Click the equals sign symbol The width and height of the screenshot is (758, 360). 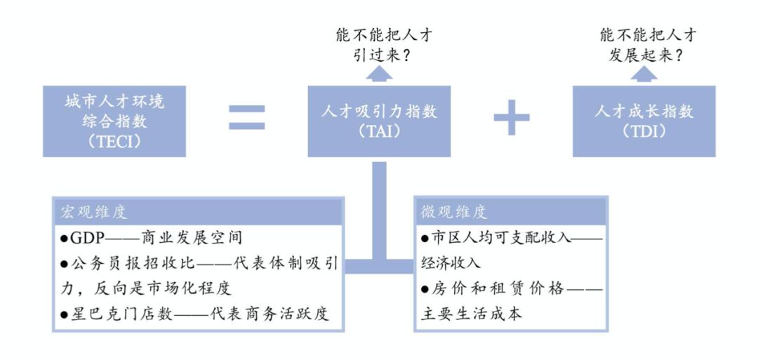click(246, 117)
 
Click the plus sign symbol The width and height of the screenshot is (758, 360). click(512, 117)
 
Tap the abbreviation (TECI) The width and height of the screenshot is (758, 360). click(114, 142)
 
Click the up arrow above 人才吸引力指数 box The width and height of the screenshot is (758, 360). click(379, 72)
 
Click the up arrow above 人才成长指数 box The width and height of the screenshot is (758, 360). click(644, 72)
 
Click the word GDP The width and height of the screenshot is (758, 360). click(88, 238)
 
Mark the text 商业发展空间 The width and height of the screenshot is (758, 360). click(192, 238)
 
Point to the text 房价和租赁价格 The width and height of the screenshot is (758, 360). click(498, 289)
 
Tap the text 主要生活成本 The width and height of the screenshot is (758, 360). click(472, 314)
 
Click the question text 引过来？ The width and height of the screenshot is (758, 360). click(382, 55)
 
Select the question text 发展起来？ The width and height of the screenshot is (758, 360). click(646, 55)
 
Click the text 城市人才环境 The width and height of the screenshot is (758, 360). click(114, 102)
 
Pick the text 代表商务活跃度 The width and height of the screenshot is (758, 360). click(270, 314)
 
